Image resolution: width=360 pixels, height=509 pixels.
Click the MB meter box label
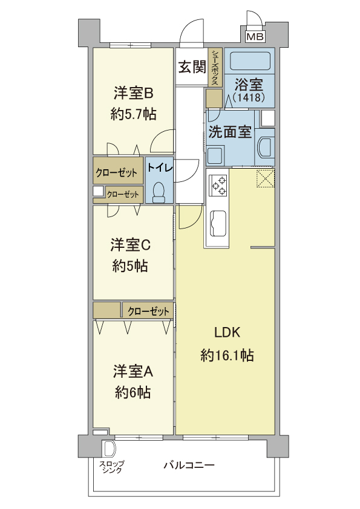pyautogui.click(x=255, y=36)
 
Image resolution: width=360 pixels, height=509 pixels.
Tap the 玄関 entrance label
pyautogui.click(x=192, y=67)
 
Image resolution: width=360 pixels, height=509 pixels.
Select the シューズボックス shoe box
pyautogui.click(x=215, y=68)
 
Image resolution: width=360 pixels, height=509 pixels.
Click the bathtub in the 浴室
pyautogui.click(x=250, y=60)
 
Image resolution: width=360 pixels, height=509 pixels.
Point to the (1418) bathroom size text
pyautogui.click(x=249, y=97)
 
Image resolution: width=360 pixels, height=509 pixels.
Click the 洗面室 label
pyautogui.click(x=230, y=132)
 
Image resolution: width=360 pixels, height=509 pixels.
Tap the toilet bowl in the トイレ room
pyautogui.click(x=159, y=192)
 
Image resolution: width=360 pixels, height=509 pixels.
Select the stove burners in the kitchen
pyautogui.click(x=218, y=186)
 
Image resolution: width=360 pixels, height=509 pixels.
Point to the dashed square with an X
pyautogui.click(x=266, y=178)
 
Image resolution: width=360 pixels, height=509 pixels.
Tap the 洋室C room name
pyautogui.click(x=130, y=245)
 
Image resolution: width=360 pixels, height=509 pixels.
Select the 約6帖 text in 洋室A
pyautogui.click(x=133, y=392)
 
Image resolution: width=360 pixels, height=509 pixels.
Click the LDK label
pyautogui.click(x=227, y=332)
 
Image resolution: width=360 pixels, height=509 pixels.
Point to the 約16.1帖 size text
pyautogui.click(x=227, y=355)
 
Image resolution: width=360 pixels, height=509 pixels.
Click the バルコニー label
pyautogui.click(x=189, y=465)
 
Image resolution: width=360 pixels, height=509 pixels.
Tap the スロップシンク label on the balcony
pyautogui.click(x=112, y=467)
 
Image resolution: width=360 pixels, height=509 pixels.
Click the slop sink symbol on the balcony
pyautogui.click(x=109, y=449)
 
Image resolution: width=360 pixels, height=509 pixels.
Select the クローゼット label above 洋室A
pyautogui.click(x=148, y=312)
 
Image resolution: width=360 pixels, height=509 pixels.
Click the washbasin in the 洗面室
pyautogui.click(x=266, y=147)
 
